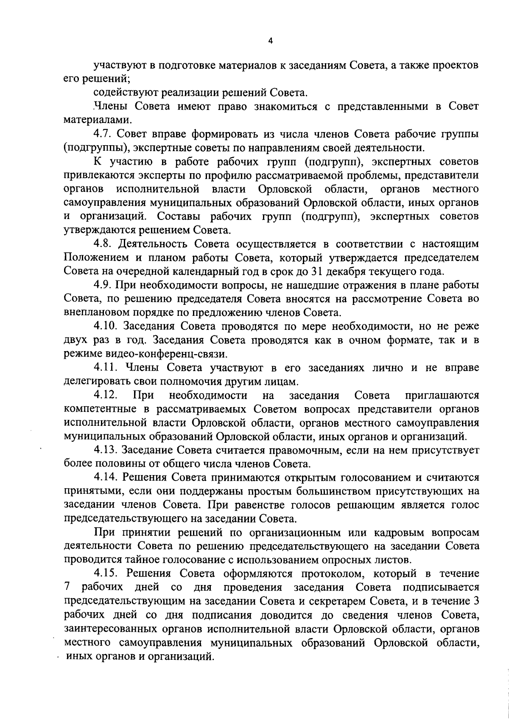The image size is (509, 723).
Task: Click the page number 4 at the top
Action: pyautogui.click(x=271, y=41)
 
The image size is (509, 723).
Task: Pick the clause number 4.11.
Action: pyautogui.click(x=106, y=367)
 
